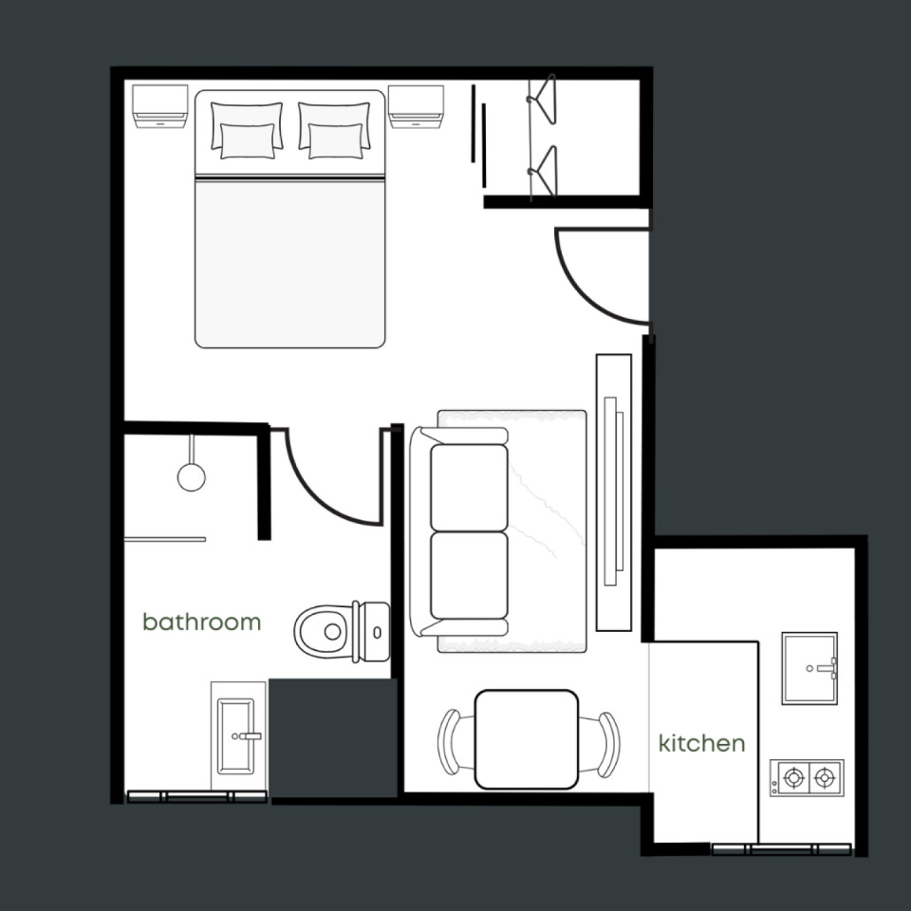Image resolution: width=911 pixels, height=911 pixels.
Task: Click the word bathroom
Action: [x=201, y=623]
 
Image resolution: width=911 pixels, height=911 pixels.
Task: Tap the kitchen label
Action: [x=701, y=743]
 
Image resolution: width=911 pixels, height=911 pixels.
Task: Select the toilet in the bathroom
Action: [x=342, y=632]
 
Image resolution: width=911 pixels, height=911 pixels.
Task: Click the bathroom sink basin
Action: [x=237, y=736]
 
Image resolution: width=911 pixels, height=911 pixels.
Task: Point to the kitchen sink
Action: [x=809, y=668]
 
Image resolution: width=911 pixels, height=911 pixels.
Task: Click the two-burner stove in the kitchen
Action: [x=807, y=777]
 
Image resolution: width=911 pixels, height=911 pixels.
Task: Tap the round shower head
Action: [x=191, y=477]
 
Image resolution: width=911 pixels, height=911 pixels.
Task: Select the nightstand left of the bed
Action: [x=159, y=106]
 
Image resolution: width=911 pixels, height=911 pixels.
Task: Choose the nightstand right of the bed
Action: [x=416, y=107]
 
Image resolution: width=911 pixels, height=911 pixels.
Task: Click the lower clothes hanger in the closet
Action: [x=542, y=171]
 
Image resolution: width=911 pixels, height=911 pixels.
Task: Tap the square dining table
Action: [x=527, y=739]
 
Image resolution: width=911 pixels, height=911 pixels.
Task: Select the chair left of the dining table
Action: [x=449, y=742]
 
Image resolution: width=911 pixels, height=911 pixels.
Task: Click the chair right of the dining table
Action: [x=605, y=744]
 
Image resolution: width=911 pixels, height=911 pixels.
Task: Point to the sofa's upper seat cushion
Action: [x=469, y=488]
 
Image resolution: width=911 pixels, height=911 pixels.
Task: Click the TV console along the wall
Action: [x=614, y=493]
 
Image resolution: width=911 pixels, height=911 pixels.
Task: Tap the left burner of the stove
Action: [x=793, y=777]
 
